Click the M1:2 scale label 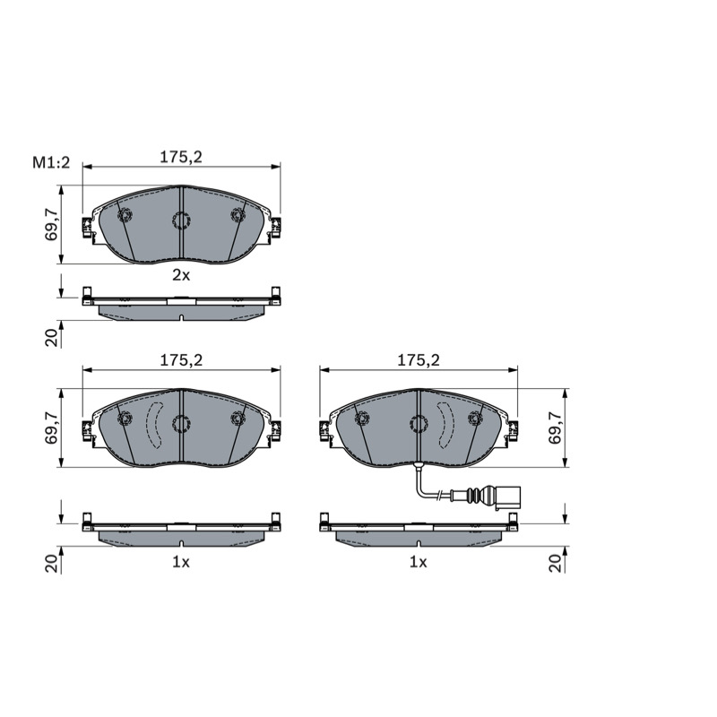point(51,162)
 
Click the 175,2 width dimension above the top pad point(181,157)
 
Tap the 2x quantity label point(181,275)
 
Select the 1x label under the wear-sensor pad point(418,562)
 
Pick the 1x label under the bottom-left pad point(181,562)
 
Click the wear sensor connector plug point(507,498)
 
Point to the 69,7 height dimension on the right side point(555,428)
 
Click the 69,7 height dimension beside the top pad point(51,224)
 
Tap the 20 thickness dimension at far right point(555,563)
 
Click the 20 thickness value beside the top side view point(52,338)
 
